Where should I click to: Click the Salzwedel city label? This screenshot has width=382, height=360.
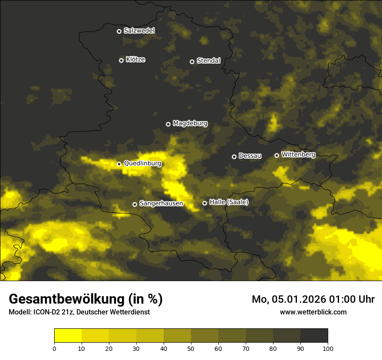(x=139, y=31)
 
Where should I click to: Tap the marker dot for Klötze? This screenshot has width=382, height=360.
(x=121, y=60)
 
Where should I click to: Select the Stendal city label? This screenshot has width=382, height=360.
(x=208, y=61)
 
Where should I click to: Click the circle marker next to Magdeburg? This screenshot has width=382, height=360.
(x=168, y=124)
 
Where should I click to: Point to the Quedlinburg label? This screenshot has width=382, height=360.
(x=142, y=164)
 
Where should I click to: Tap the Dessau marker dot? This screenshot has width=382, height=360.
(x=234, y=157)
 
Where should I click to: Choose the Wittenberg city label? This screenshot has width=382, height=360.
(x=298, y=154)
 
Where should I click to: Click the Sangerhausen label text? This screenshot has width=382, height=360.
(x=161, y=203)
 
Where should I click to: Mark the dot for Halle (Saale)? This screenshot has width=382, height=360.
(x=204, y=203)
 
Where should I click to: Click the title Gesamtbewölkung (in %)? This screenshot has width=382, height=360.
(x=86, y=299)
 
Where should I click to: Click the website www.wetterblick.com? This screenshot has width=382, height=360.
(x=313, y=312)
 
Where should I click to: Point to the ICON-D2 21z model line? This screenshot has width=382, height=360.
(x=79, y=312)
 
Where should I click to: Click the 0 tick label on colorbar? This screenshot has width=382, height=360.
(x=54, y=348)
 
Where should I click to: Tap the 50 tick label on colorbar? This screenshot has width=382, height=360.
(x=191, y=348)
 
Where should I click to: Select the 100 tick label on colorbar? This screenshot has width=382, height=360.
(x=328, y=348)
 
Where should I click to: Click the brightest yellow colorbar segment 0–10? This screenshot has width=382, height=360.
(x=68, y=336)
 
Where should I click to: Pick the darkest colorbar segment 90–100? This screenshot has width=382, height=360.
(x=314, y=336)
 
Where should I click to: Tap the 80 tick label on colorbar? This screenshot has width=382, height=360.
(x=273, y=348)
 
